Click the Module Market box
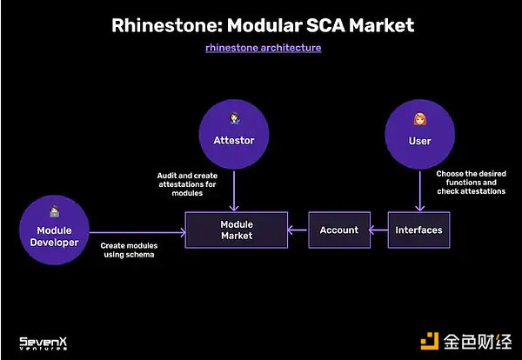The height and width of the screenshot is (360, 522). [236, 230]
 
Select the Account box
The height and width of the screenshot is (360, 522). [338, 230]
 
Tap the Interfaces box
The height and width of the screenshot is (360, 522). [418, 230]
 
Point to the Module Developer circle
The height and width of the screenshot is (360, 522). [54, 230]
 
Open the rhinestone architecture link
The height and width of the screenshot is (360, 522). [263, 48]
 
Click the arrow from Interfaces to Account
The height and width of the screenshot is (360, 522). [378, 230]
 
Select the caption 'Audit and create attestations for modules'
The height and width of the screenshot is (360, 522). [186, 183]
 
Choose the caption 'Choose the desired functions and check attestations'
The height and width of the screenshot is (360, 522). [471, 183]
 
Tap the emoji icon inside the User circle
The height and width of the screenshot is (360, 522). [419, 119]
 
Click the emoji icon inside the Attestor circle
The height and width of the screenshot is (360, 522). [232, 118]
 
